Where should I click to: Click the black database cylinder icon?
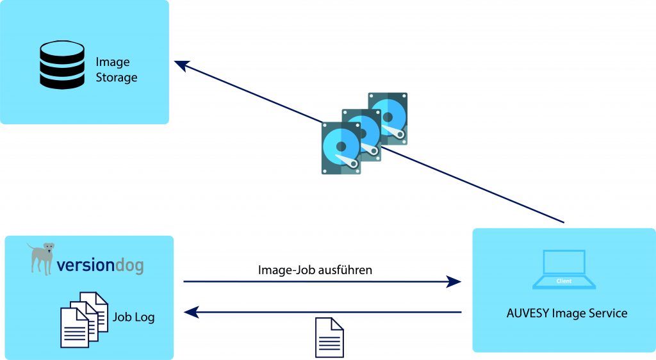(x=62, y=65)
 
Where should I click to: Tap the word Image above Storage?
(x=113, y=62)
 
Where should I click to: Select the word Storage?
(x=117, y=78)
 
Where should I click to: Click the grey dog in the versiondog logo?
(x=42, y=257)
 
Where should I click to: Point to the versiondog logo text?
(x=100, y=265)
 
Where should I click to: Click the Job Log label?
(x=134, y=317)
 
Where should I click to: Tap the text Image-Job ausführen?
(x=315, y=270)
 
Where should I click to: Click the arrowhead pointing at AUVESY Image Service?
(x=454, y=281)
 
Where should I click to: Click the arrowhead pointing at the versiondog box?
(x=191, y=313)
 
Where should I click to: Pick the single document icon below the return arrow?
(x=329, y=338)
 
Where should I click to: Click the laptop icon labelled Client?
(x=564, y=269)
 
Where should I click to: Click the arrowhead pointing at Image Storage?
(x=183, y=65)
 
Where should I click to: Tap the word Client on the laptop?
(x=564, y=281)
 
